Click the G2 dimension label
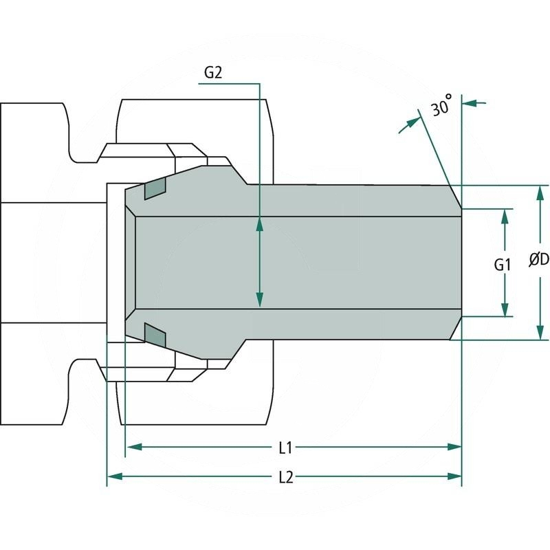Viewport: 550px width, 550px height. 214,74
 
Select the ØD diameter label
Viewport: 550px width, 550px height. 538,259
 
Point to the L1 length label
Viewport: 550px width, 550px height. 286,448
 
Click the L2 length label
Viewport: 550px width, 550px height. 286,476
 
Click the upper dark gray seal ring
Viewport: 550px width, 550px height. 155,188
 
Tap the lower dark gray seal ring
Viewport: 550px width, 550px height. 155,335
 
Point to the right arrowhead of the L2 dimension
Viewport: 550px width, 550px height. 453,476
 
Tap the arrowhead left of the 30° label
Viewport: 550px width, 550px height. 412,121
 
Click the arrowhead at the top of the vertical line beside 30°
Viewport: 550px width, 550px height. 471,102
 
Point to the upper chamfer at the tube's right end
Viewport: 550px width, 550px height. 455,197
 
